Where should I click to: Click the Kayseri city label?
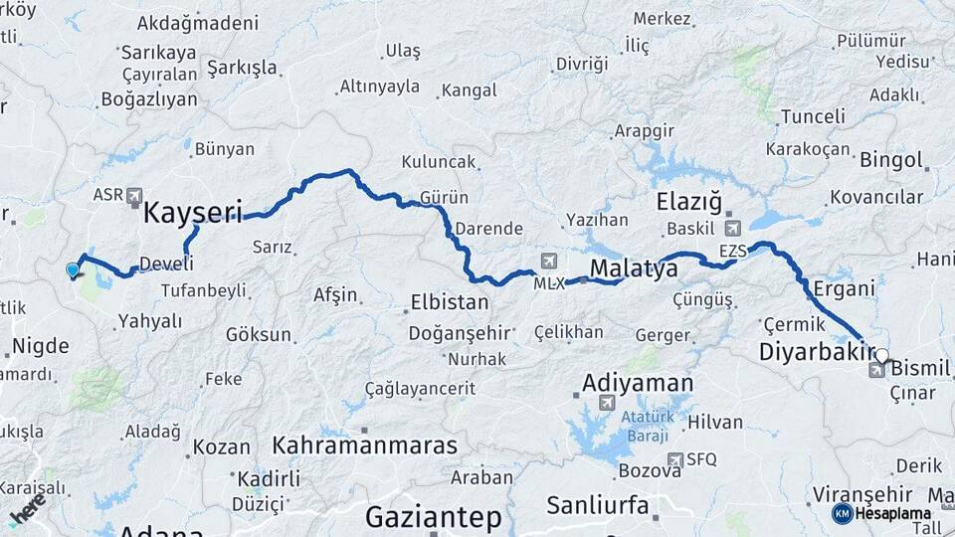[193, 212]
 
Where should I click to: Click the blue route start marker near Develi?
[72, 269]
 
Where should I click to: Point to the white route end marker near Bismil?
[881, 355]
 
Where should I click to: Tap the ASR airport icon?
[134, 196]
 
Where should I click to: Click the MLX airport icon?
[547, 262]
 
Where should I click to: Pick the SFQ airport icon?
[676, 459]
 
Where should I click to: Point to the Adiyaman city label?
[638, 383]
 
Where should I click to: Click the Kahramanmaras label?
[365, 445]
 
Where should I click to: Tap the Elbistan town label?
[451, 302]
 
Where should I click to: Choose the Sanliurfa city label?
[598, 505]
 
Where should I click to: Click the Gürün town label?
[445, 196]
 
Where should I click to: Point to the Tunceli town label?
[812, 117]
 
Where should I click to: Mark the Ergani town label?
[844, 288]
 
